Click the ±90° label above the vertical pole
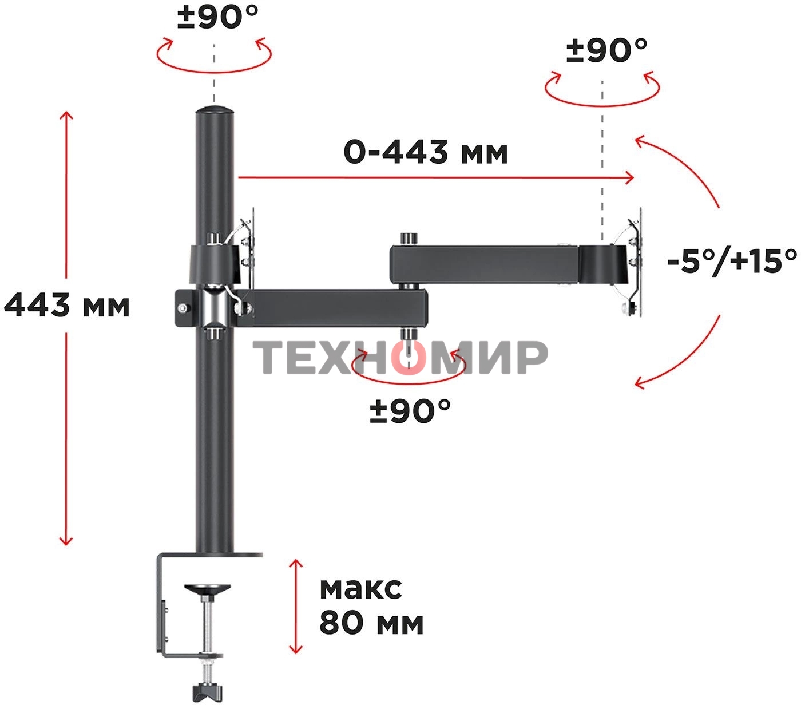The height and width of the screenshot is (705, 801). pyautogui.click(x=218, y=17)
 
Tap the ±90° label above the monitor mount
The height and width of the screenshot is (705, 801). pyautogui.click(x=607, y=50)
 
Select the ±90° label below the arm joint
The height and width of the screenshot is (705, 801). pyautogui.click(x=410, y=411)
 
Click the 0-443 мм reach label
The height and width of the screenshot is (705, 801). pyautogui.click(x=426, y=152)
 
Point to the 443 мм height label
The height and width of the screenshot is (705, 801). pyautogui.click(x=67, y=304)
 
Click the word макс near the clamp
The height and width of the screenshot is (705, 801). pyautogui.click(x=360, y=589)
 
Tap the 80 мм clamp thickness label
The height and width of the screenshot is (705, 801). pyautogui.click(x=371, y=624)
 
